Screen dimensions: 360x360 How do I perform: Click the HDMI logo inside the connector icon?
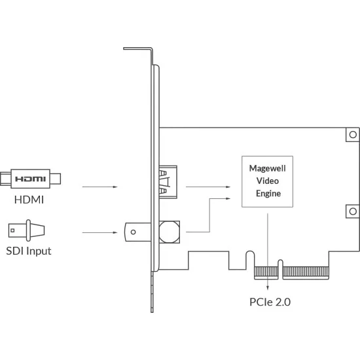[x=30, y=179]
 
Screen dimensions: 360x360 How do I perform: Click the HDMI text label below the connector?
[x=29, y=200]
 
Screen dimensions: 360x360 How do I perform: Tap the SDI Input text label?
[x=29, y=251]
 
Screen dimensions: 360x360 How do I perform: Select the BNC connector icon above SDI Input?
[x=27, y=230]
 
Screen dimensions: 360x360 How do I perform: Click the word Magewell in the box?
[x=268, y=168]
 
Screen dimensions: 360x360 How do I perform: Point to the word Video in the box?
[x=268, y=181]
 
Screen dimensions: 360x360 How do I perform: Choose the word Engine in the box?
[x=268, y=194]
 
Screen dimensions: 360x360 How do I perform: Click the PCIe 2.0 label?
[x=270, y=302]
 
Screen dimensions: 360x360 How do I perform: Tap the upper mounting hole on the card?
[x=353, y=135]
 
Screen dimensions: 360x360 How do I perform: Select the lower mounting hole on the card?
[x=353, y=211]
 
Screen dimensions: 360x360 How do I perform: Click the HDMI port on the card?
[x=168, y=182]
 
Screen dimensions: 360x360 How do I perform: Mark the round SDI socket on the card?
[x=170, y=232]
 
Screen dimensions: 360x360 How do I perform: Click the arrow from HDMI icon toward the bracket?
[x=100, y=187]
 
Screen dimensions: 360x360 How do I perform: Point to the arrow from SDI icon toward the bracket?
[x=100, y=232]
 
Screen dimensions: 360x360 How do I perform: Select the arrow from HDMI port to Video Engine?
[x=208, y=187]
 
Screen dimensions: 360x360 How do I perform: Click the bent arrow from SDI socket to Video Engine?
[x=209, y=215]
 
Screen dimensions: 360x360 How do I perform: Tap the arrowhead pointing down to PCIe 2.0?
[x=268, y=287]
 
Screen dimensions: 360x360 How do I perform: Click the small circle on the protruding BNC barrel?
[x=133, y=232]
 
